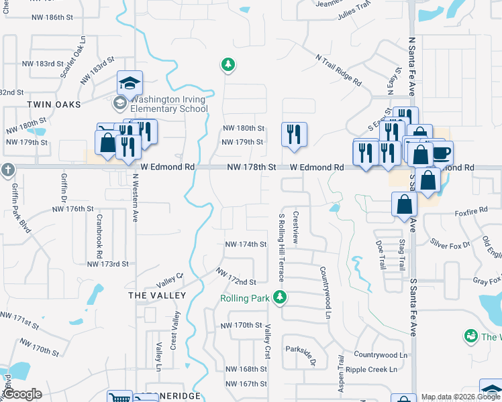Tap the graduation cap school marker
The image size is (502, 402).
(130, 83)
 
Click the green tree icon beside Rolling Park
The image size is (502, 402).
(283, 297)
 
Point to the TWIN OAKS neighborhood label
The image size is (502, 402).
(54, 105)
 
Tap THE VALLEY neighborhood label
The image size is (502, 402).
(157, 295)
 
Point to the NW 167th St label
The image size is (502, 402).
(246, 384)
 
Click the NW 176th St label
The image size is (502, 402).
(73, 209)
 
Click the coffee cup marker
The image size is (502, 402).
(441, 153)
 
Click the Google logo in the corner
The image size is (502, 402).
(23, 395)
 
